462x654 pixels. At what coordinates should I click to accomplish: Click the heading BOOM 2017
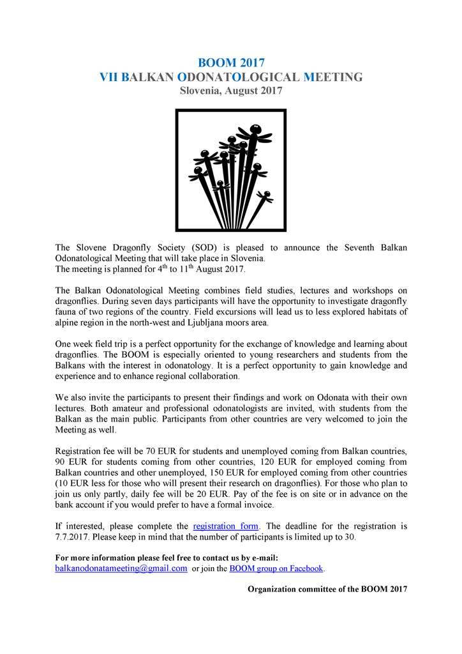pos(231,63)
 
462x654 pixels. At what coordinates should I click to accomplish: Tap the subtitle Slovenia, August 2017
pos(231,91)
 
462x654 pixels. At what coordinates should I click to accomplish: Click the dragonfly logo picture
pos(231,170)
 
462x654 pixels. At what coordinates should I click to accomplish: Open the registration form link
pos(225,526)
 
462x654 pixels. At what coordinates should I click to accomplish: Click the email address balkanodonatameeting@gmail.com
pos(121,568)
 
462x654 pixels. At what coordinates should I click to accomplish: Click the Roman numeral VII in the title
pos(108,77)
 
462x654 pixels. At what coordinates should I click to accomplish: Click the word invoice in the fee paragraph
pos(255,505)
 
